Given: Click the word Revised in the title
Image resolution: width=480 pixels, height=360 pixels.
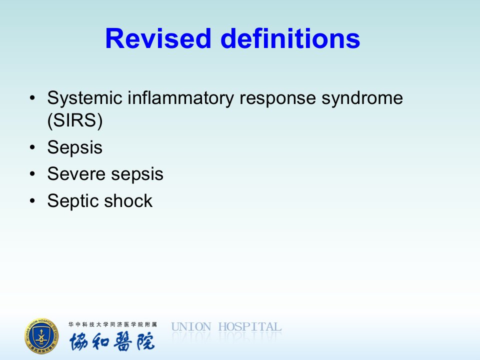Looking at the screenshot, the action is (158, 38).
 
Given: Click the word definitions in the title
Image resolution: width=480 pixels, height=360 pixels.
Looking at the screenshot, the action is (290, 38).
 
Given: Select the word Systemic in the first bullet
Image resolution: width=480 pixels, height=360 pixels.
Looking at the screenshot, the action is (85, 98).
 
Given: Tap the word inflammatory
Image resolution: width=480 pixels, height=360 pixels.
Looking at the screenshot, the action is (180, 98).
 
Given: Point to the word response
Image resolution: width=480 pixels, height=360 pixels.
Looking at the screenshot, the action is (277, 99).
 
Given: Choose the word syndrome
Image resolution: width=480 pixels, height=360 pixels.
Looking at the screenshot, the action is (362, 98).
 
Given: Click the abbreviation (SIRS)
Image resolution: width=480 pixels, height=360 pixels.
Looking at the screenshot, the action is (75, 120).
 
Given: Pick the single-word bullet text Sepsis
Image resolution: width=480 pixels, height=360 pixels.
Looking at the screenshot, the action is (74, 148).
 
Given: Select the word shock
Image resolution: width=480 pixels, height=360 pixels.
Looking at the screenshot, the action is (128, 201).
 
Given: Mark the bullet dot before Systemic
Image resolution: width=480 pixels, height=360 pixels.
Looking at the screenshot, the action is (32, 98).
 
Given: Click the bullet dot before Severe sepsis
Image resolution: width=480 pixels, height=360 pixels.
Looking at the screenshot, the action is (32, 174).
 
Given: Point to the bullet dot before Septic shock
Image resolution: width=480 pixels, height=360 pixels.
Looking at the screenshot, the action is (32, 201).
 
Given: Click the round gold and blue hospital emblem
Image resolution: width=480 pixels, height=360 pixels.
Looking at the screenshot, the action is (41, 336).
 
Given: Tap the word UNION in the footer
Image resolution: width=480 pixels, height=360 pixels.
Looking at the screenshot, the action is (191, 327).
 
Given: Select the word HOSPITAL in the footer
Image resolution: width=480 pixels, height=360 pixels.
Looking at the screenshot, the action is (250, 327).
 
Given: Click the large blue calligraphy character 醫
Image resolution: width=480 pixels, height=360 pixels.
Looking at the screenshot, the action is (123, 341).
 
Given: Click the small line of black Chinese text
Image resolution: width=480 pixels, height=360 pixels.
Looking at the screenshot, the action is (112, 324).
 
